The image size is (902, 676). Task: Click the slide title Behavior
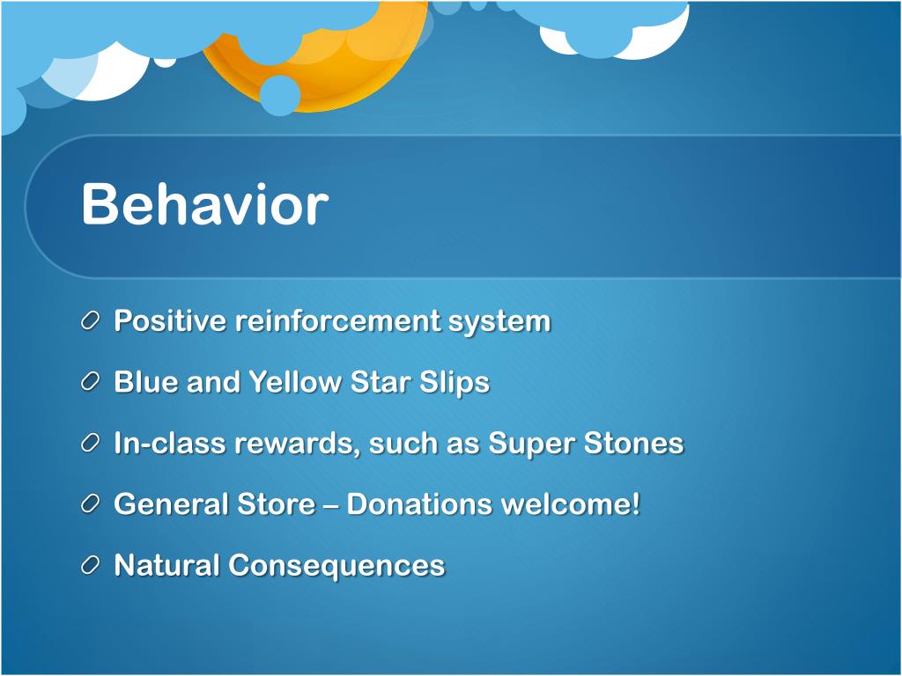[204, 204]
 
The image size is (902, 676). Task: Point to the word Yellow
[294, 382]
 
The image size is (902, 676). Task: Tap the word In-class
[170, 443]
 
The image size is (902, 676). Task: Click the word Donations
[419, 503]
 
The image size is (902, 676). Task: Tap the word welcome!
[571, 503]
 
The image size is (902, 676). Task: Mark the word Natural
[166, 564]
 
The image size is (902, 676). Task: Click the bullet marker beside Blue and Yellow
[91, 382]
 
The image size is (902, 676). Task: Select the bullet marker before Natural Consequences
[91, 565]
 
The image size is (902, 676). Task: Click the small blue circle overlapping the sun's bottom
[279, 95]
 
